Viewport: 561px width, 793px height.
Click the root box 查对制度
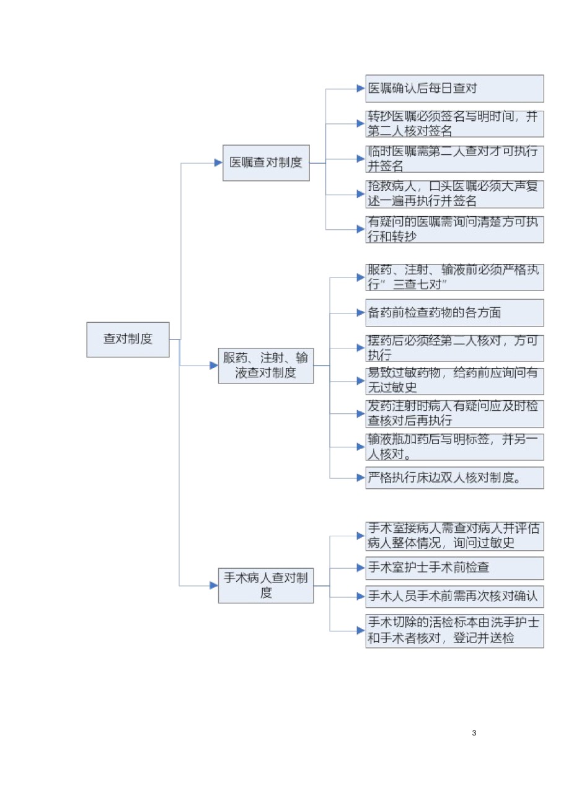pyautogui.click(x=128, y=340)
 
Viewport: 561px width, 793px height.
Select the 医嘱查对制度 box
pyautogui.click(x=266, y=163)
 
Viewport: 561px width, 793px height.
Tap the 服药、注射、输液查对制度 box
pyautogui.click(x=266, y=366)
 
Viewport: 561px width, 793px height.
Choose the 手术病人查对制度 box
pyautogui.click(x=266, y=586)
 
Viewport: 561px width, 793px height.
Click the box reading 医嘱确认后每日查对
pyautogui.click(x=455, y=89)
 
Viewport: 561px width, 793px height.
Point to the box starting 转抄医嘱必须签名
pyautogui.click(x=455, y=124)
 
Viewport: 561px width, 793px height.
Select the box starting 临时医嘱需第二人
pyautogui.click(x=455, y=159)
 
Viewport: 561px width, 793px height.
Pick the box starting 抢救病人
pyautogui.click(x=455, y=195)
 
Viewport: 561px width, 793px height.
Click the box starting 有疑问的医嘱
pyautogui.click(x=455, y=229)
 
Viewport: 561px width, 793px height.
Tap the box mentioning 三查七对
pyautogui.click(x=455, y=278)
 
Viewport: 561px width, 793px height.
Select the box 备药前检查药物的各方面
pyautogui.click(x=455, y=313)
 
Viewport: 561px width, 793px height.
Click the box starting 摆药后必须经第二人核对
pyautogui.click(x=455, y=348)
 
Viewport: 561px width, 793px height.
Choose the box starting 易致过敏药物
pyautogui.click(x=455, y=381)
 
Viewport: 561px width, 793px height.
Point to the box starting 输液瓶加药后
pyautogui.click(x=455, y=447)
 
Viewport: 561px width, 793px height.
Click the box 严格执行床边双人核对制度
pyautogui.click(x=455, y=478)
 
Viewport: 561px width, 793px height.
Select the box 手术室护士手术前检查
pyautogui.click(x=455, y=568)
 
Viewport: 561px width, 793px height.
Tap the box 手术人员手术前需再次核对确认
pyautogui.click(x=455, y=597)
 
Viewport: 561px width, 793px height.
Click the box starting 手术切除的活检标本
pyautogui.click(x=455, y=631)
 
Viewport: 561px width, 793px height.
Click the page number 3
pyautogui.click(x=474, y=733)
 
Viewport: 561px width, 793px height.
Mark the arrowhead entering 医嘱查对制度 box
pyautogui.click(x=218, y=163)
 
